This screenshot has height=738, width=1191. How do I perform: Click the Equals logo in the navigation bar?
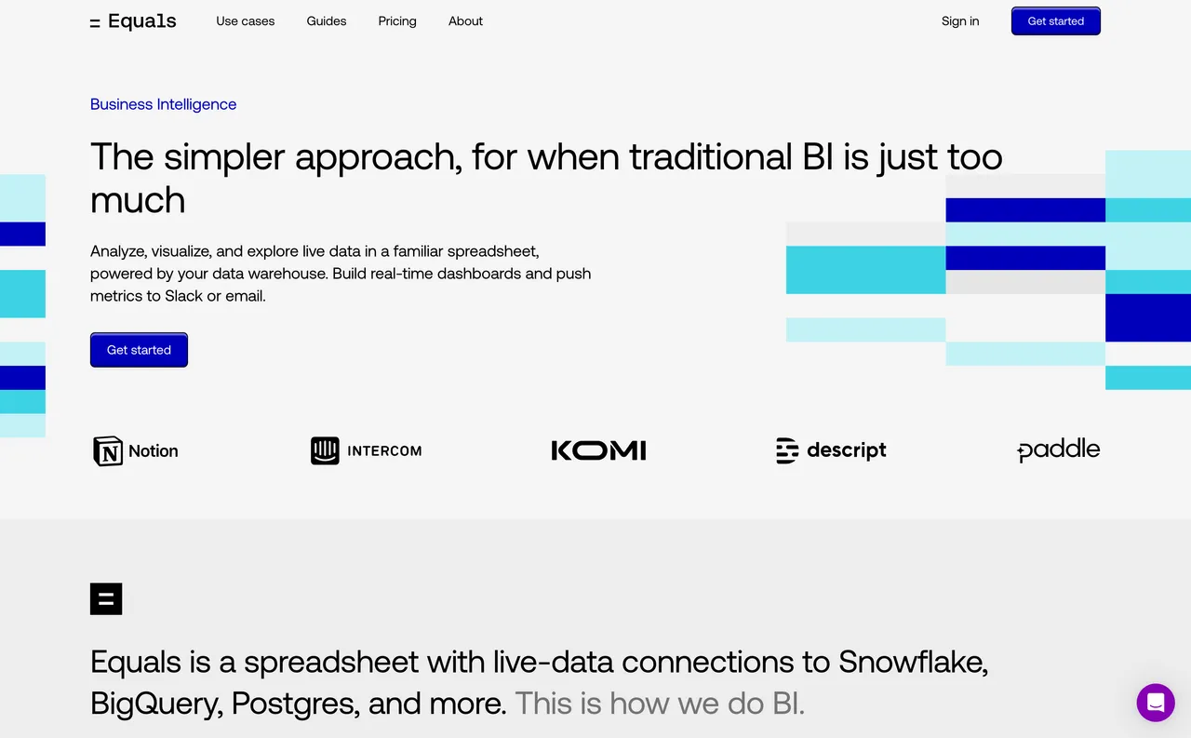coord(133,21)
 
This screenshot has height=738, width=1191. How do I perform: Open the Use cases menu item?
coord(245,21)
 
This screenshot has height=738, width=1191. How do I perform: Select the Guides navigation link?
coord(327,21)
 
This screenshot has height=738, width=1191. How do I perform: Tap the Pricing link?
coord(397,21)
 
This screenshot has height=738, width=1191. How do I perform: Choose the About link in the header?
coord(465,21)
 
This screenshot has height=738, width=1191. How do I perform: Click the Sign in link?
coord(960,21)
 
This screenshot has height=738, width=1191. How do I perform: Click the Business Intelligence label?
coord(163,104)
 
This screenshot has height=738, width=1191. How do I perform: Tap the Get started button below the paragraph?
coord(139,350)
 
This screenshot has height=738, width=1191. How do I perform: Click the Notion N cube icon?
coord(108,450)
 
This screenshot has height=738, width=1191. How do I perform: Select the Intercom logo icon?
coord(325,450)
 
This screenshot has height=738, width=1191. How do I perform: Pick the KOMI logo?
coord(598,450)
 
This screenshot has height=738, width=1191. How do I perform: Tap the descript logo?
coord(831,450)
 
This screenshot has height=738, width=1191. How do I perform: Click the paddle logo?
coord(1059,450)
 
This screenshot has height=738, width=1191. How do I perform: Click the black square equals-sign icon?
coord(106,599)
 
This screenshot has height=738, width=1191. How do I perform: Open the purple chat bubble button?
coord(1156,703)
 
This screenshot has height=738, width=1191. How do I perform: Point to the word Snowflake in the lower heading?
coord(914,663)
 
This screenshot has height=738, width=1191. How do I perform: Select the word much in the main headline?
coord(138,200)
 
